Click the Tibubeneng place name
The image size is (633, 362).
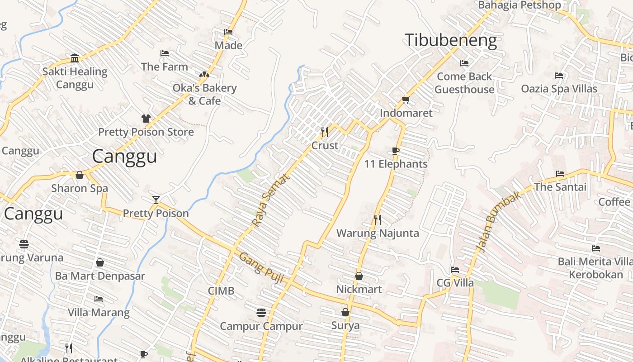pyautogui.click(x=450, y=40)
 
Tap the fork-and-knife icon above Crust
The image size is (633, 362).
pyautogui.click(x=325, y=132)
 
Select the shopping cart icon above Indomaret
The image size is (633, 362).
pyautogui.click(x=406, y=100)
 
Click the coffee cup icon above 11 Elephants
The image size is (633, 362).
pyautogui.click(x=396, y=151)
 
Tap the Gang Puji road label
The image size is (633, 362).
pyautogui.click(x=261, y=268)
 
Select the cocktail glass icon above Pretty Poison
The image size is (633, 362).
pyautogui.click(x=156, y=200)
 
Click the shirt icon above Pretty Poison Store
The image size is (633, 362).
pyautogui.click(x=146, y=119)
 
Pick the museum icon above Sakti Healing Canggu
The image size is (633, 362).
pyautogui.click(x=75, y=58)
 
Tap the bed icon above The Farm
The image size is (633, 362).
pyautogui.click(x=165, y=53)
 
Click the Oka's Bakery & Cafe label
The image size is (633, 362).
pyautogui.click(x=204, y=94)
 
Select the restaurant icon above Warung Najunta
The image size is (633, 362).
pyautogui.click(x=378, y=220)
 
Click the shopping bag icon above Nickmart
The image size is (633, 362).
pyautogui.click(x=359, y=276)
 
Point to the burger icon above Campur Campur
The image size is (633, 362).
pyautogui.click(x=261, y=313)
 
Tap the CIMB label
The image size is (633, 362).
pyautogui.click(x=221, y=291)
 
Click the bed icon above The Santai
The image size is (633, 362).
pyautogui.click(x=560, y=174)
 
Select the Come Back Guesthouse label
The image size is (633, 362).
pyautogui.click(x=464, y=83)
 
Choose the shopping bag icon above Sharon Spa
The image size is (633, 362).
pyautogui.click(x=80, y=175)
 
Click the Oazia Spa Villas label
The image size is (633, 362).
pyautogui.click(x=559, y=89)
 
